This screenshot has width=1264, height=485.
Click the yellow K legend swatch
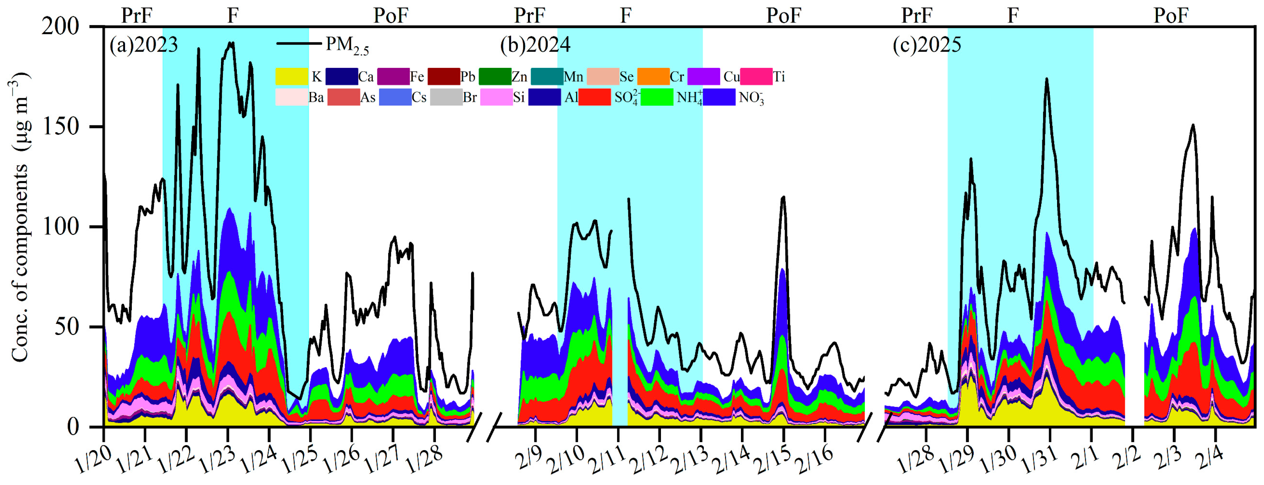tap(291, 77)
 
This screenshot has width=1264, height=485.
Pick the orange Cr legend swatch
tap(653, 77)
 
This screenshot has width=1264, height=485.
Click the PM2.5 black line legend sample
tap(299, 44)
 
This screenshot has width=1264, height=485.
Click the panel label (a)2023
tap(143, 45)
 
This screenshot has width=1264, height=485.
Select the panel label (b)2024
tap(535, 45)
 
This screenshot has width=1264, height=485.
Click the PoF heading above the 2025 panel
tap(1171, 16)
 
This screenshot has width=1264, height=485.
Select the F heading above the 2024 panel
tap(626, 16)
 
